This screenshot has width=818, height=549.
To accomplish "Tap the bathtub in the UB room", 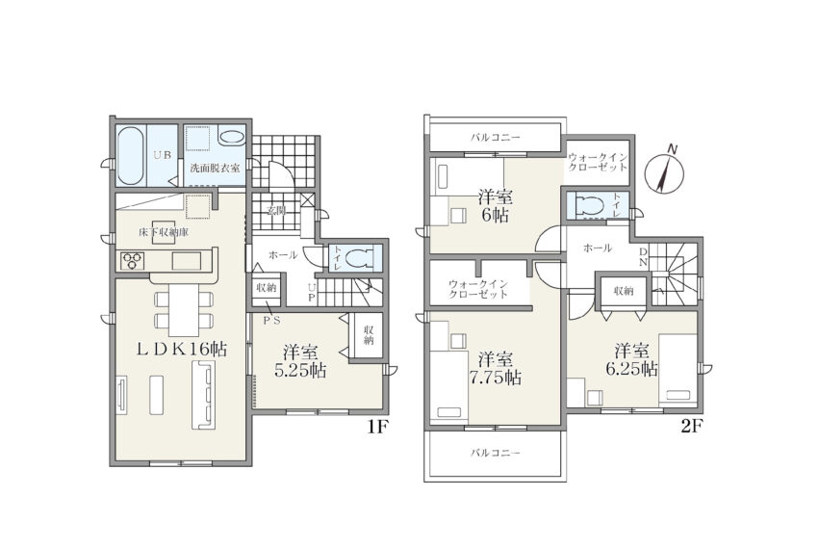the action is (130, 156).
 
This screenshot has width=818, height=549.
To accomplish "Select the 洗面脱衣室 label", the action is (215, 169).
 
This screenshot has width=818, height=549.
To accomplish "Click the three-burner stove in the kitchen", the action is (133, 260).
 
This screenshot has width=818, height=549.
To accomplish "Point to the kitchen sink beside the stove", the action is (188, 260).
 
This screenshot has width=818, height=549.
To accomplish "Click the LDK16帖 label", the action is (181, 349).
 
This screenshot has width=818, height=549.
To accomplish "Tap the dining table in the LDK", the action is (184, 310).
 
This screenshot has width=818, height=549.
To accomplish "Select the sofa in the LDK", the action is (203, 396).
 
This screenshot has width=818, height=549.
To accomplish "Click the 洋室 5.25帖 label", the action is (300, 361).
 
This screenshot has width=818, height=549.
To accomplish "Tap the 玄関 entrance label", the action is (276, 211).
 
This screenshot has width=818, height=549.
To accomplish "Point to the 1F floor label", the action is (376, 427).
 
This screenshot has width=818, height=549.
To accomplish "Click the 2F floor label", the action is (692, 427).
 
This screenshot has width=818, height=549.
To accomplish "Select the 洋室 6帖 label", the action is (495, 206).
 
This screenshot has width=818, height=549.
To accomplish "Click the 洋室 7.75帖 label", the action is (499, 368).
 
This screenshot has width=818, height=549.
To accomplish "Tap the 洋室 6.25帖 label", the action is (631, 359).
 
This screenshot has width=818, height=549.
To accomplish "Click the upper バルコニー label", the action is (495, 138).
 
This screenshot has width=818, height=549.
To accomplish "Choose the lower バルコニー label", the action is (495, 453).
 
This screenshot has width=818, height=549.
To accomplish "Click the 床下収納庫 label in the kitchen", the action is (164, 232).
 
